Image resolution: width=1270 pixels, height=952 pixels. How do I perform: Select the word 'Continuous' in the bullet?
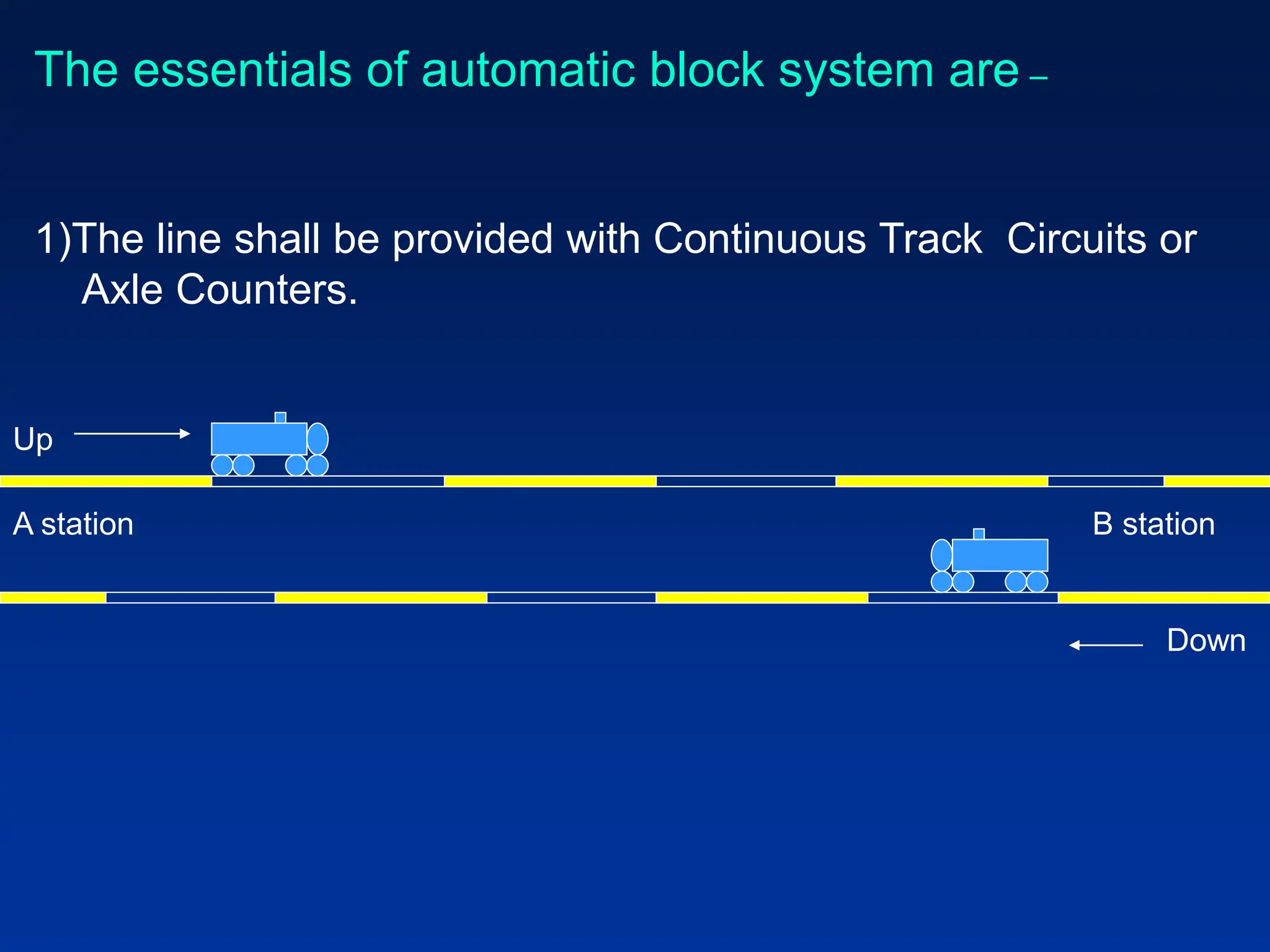click(759, 239)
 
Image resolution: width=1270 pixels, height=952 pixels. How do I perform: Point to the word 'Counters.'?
click(267, 289)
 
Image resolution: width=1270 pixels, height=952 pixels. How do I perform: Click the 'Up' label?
click(33, 440)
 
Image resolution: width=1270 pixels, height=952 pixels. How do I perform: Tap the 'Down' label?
click(1206, 640)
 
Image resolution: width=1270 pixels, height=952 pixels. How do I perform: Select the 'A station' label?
click(73, 524)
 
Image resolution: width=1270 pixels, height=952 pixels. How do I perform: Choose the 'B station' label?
click(1153, 524)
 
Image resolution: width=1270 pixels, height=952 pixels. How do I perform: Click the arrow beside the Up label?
click(131, 434)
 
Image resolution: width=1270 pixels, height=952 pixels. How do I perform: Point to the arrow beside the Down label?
click(1106, 645)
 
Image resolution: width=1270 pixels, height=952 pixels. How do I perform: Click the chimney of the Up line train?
click(280, 418)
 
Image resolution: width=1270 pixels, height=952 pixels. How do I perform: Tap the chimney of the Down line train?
click(979, 534)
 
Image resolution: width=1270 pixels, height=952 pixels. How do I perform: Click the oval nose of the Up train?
click(317, 439)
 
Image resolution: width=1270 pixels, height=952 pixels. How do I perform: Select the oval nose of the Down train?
click(941, 555)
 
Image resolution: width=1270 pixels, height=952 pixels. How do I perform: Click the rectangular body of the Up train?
click(259, 439)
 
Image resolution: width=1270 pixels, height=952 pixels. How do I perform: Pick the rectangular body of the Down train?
click(1000, 555)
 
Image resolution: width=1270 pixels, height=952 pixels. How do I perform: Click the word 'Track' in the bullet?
click(931, 239)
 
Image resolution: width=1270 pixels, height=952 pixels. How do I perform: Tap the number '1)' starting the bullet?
click(53, 239)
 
